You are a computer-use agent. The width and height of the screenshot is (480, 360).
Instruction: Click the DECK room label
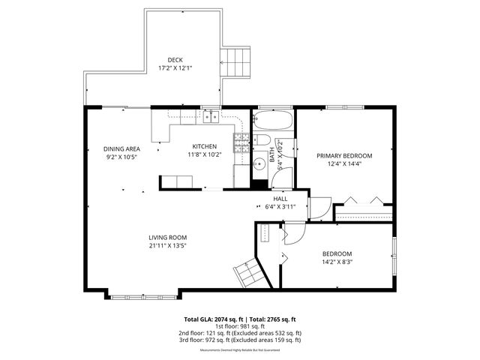click(x=175, y=60)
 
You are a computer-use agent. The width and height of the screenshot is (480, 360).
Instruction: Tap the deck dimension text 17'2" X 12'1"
click(x=175, y=68)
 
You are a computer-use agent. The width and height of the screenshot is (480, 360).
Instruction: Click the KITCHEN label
click(x=204, y=146)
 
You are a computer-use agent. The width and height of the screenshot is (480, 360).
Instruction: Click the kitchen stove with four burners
click(x=241, y=144)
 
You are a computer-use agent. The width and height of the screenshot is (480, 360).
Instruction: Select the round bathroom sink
click(x=259, y=164)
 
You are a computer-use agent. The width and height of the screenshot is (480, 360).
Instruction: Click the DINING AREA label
click(x=121, y=148)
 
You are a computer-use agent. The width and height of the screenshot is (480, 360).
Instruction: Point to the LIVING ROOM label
click(x=166, y=237)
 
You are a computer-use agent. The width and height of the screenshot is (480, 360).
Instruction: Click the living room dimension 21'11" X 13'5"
click(x=166, y=245)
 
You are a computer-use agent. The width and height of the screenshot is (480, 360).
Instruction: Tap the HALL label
click(x=280, y=199)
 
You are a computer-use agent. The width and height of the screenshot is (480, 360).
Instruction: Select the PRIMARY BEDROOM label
click(x=343, y=156)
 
